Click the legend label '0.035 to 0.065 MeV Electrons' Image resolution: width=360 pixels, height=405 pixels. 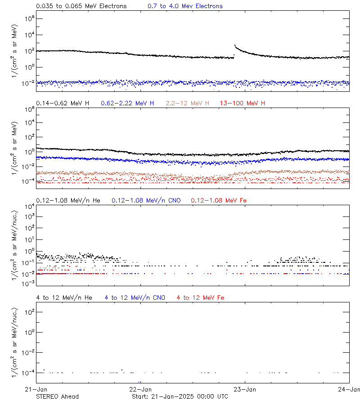[81, 6]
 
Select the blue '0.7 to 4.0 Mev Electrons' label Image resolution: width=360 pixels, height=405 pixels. [185, 6]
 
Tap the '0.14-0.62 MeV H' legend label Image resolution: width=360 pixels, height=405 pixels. [63, 103]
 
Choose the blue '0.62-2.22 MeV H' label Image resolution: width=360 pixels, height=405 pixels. [127, 103]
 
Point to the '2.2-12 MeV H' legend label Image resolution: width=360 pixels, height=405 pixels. [187, 103]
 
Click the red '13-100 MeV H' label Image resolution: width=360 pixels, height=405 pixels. [243, 103]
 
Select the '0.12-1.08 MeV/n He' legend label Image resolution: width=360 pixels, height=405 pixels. [69, 200]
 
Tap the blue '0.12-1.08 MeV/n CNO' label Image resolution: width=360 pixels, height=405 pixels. [146, 200]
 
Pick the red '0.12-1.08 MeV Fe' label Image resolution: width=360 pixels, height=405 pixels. [219, 200]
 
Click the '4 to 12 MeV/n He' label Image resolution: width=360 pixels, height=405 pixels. [64, 297]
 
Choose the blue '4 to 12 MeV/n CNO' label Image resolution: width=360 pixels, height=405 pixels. [135, 297]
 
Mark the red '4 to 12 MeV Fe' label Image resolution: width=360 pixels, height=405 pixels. [200, 297]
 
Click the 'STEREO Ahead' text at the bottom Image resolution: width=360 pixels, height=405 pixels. [57, 396]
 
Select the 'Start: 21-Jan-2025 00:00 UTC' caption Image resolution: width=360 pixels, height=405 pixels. [180, 396]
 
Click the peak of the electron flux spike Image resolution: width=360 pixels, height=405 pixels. [235, 45]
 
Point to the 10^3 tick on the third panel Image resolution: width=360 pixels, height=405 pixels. [29, 216]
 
